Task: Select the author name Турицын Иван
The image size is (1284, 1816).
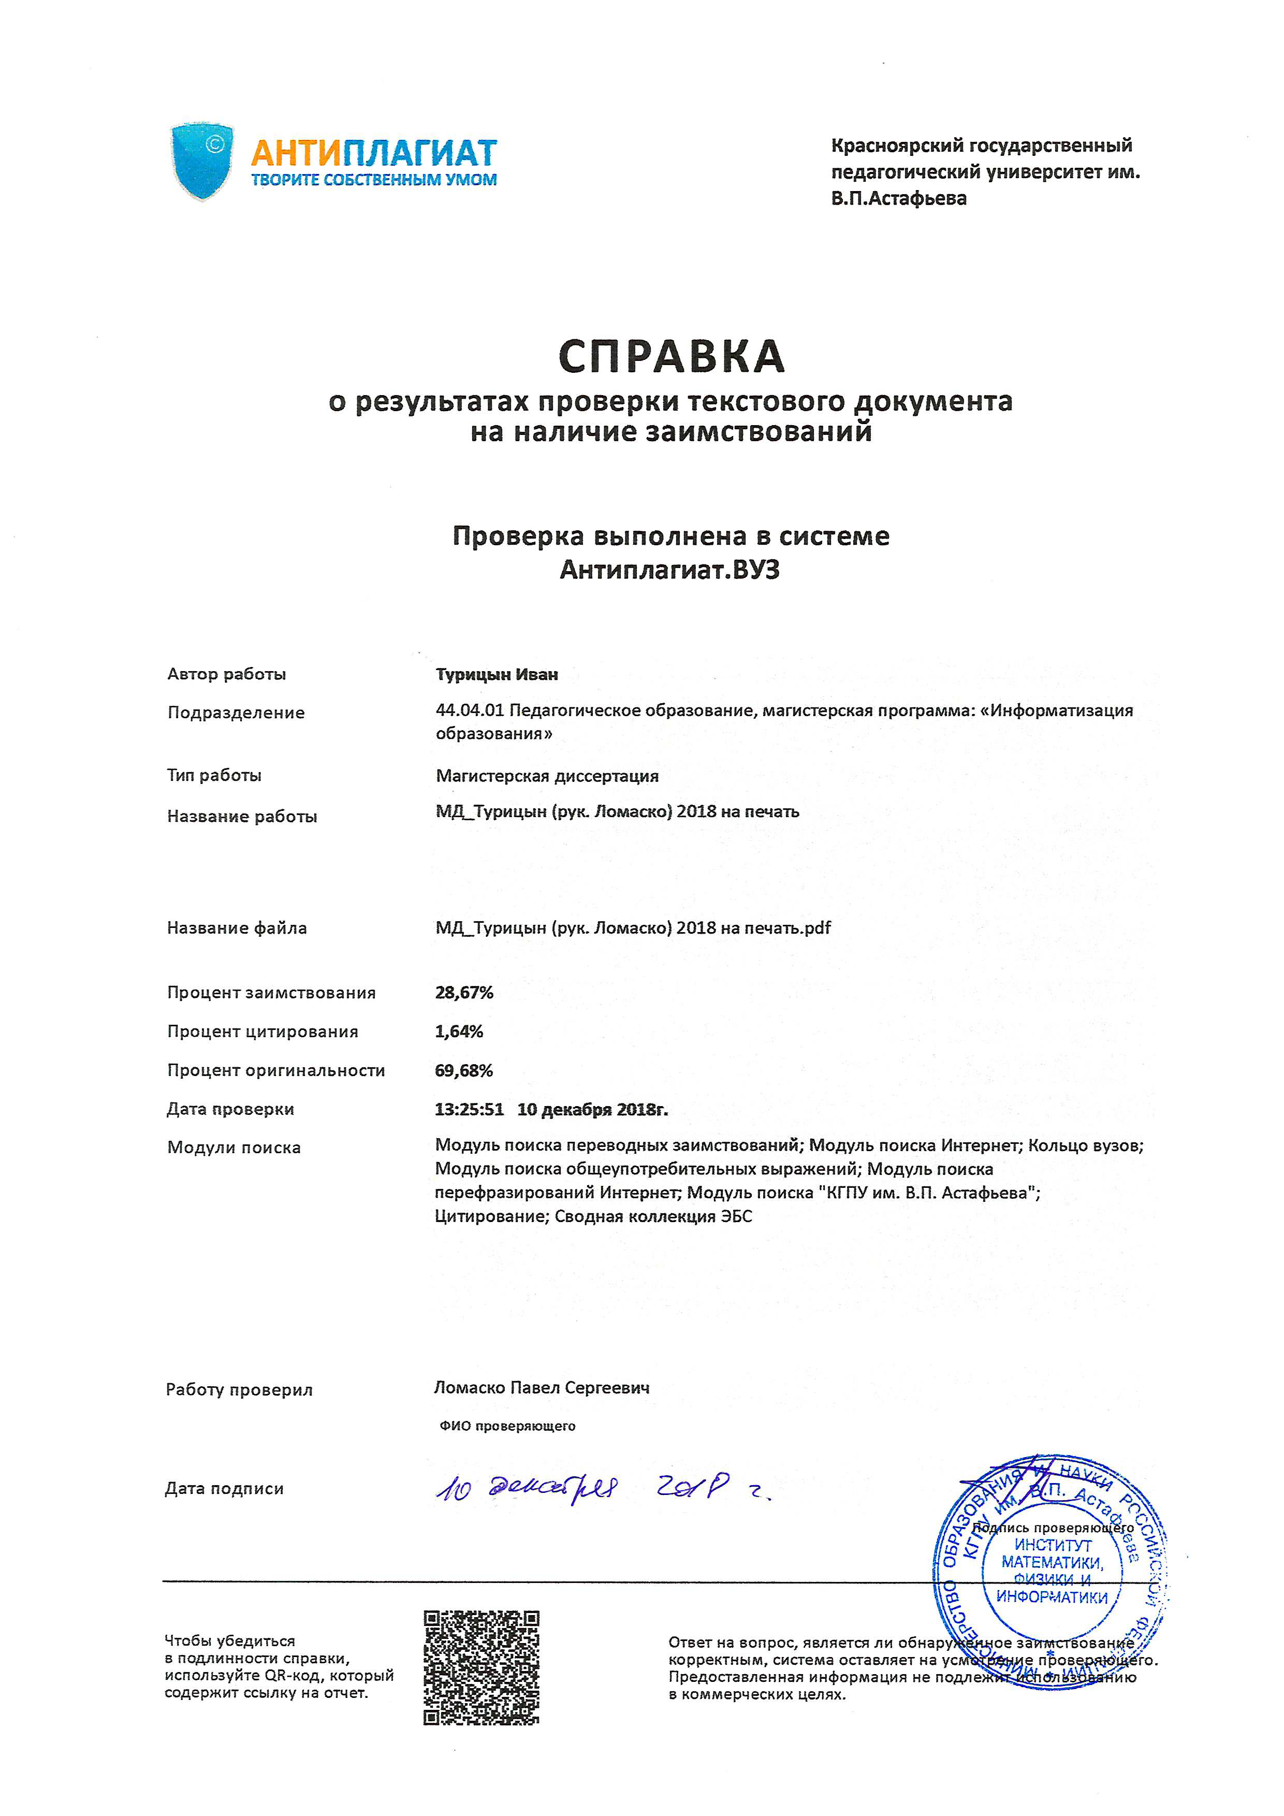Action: click(x=497, y=675)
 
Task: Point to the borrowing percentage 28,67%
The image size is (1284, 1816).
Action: click(x=464, y=993)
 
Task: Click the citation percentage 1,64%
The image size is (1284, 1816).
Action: click(x=459, y=1032)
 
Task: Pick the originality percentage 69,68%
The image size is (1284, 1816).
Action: click(x=464, y=1070)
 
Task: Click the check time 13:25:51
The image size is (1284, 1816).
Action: click(x=469, y=1109)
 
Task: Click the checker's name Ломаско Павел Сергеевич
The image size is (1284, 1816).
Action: click(x=542, y=1387)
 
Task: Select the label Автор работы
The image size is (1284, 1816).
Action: click(x=226, y=674)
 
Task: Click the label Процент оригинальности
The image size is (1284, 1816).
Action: click(x=276, y=1070)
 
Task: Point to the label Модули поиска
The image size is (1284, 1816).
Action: click(x=234, y=1147)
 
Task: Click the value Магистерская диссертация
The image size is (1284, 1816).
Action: click(x=547, y=776)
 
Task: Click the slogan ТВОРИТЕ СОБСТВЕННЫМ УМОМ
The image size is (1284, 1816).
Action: click(x=374, y=180)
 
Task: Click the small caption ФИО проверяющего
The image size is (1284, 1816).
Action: click(x=507, y=1426)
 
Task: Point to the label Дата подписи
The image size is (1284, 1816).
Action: click(x=225, y=1489)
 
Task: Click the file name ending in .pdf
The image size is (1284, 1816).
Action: click(x=633, y=928)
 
